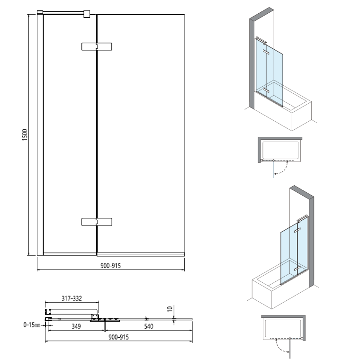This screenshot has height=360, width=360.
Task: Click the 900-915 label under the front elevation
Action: (x=110, y=266)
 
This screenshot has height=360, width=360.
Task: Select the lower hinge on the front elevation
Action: (x=97, y=221)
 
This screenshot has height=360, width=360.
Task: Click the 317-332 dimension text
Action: (x=72, y=298)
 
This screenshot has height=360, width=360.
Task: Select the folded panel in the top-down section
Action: (x=71, y=311)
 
